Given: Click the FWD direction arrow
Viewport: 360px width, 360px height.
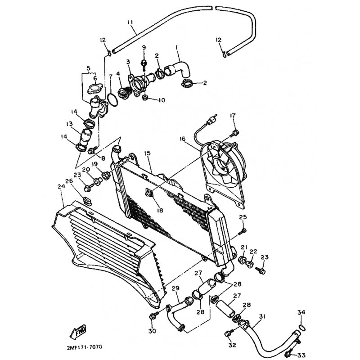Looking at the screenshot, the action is [78, 332].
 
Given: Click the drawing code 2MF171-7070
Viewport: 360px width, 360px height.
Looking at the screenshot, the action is [85, 347].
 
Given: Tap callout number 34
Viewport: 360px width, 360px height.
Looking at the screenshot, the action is [301, 312].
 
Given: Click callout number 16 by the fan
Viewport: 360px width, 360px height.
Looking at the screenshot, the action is [183, 139].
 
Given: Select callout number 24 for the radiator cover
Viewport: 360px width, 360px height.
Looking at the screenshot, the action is [61, 186].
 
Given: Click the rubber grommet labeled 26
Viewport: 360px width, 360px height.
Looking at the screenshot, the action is [87, 200].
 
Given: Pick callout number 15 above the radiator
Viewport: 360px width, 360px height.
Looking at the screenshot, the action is [148, 153].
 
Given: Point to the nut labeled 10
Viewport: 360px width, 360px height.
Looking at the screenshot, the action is [145, 98].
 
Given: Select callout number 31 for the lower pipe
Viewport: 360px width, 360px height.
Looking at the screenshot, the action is [262, 317].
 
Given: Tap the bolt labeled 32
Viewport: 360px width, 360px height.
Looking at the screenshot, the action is [229, 333].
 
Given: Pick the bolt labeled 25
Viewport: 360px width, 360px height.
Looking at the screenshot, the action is [242, 231].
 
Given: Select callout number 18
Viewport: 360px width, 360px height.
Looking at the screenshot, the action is [160, 210].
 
